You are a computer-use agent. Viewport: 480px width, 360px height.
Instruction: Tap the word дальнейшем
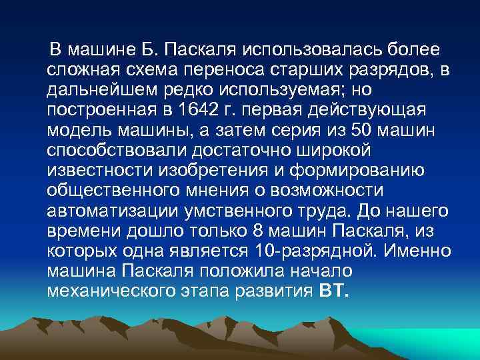pyautogui.click(x=96, y=88)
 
